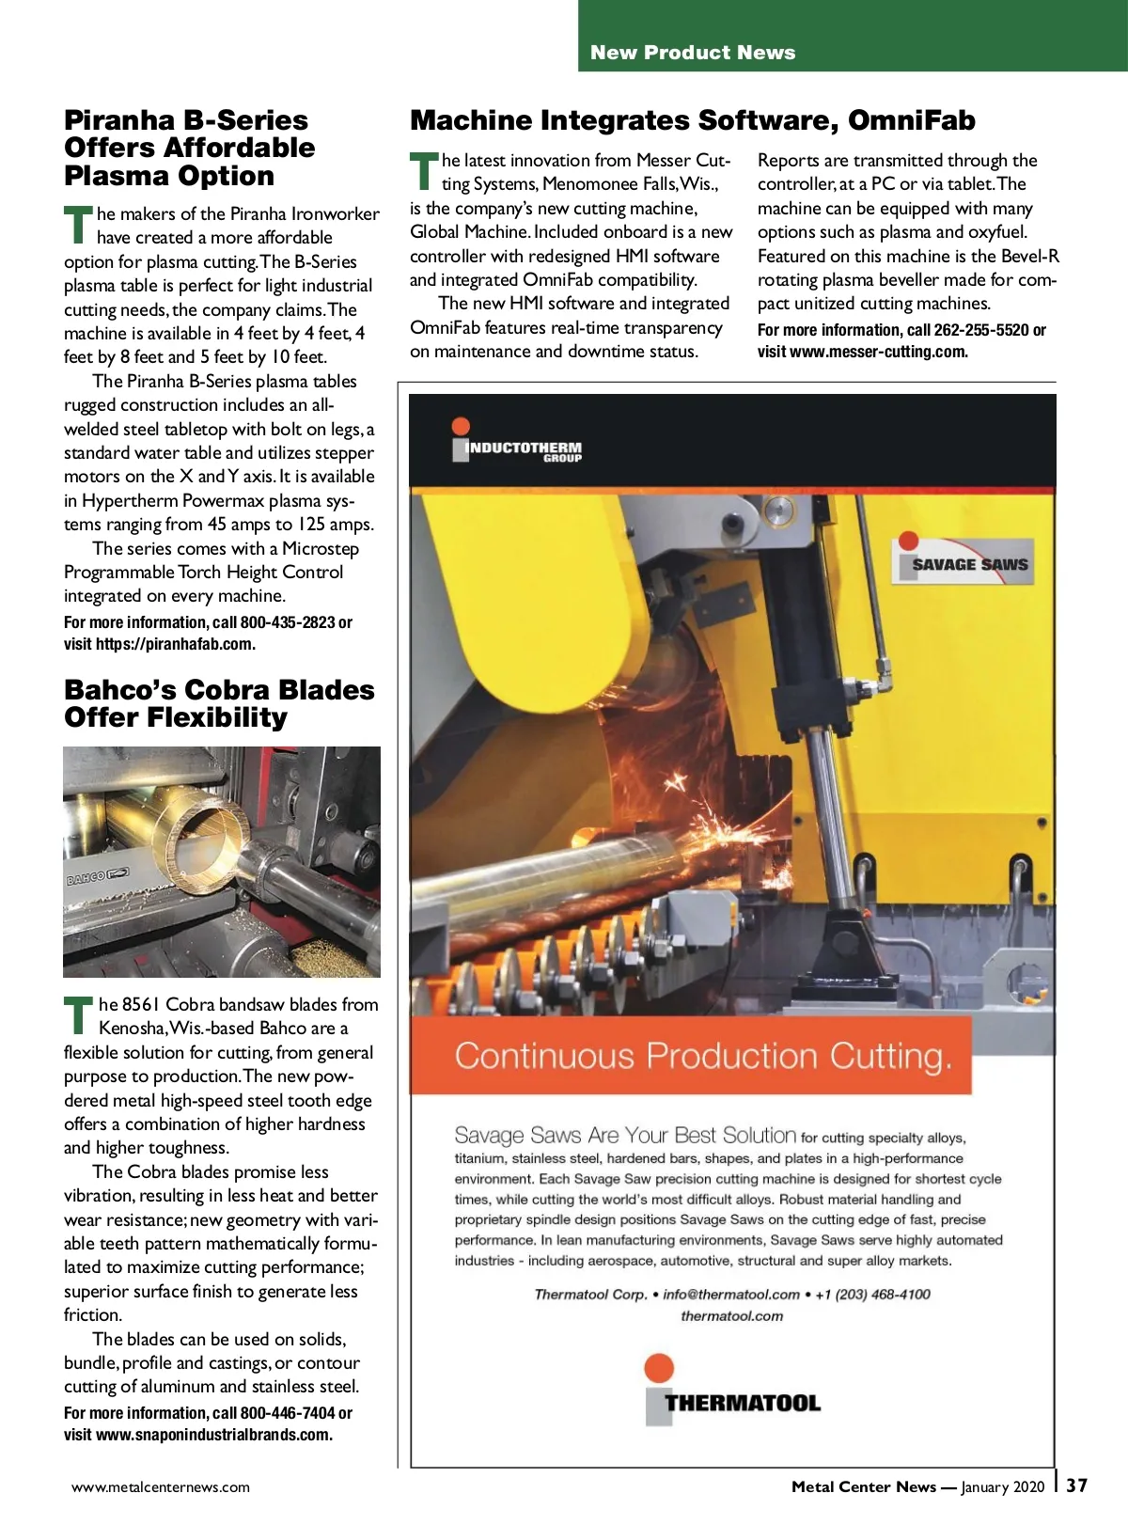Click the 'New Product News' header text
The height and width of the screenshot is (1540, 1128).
click(693, 53)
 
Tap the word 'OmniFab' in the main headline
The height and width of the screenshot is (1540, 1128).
click(911, 120)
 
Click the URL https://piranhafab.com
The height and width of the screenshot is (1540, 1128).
click(175, 644)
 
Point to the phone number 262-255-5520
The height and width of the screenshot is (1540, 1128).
click(980, 330)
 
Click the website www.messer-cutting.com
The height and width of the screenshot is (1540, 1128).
click(878, 352)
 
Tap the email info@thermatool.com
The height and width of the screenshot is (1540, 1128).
click(730, 1295)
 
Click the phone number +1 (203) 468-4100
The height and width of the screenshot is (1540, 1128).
click(872, 1295)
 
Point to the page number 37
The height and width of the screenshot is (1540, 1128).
click(1076, 1485)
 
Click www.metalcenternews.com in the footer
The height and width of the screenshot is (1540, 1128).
click(161, 1487)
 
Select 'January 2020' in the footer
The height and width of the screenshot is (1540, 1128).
click(1002, 1487)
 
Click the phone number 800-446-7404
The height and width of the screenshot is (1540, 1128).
click(287, 1413)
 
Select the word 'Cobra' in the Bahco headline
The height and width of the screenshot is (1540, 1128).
click(225, 690)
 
